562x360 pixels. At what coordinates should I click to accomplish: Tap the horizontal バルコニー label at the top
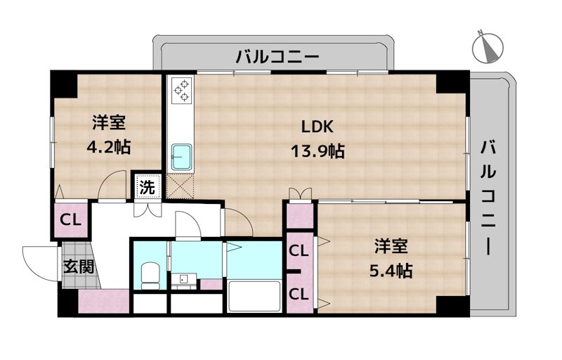pos(277,56)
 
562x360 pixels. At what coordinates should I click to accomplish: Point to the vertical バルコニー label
pos(489,198)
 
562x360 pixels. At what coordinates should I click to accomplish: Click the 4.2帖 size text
pos(107,148)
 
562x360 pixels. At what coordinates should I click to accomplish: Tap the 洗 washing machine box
pos(148,187)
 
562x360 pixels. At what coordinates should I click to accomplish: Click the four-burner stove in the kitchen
pos(181,89)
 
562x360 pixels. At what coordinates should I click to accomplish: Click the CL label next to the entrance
pos(70,219)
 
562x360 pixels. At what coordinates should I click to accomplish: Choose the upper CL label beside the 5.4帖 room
pos(299,250)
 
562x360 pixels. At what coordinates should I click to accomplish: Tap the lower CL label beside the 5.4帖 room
pos(299,293)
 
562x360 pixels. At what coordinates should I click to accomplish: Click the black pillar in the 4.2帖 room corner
pos(63,83)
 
